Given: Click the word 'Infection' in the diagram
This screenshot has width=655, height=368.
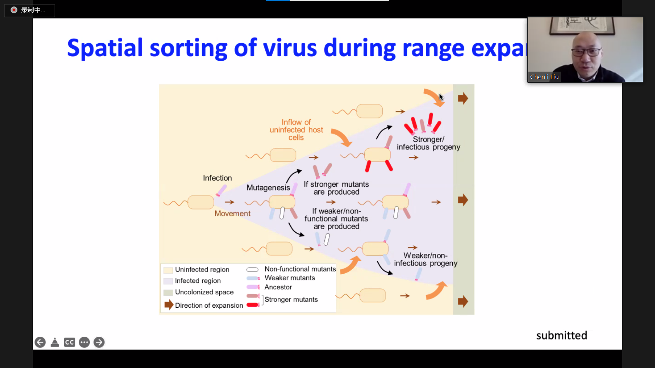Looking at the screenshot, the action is point(217,178).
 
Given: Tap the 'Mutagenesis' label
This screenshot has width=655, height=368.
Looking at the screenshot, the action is point(268,187).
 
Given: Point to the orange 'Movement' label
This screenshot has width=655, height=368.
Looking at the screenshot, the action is point(232,213).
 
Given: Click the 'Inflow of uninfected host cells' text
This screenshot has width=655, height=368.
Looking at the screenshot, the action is point(296,130).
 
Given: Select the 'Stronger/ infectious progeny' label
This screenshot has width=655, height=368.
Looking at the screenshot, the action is point(428,143).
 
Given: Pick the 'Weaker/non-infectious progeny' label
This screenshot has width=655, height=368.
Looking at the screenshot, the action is point(425,259).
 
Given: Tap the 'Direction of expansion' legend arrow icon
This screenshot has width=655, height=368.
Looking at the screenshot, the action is point(169,305).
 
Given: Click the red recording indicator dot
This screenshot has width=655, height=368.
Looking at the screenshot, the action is point(14,10).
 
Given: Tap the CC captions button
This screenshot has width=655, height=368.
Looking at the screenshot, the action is point(70,342).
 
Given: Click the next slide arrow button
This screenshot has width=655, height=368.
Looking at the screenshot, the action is point(99,342).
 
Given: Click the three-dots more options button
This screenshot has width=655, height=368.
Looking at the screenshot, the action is point(84,342).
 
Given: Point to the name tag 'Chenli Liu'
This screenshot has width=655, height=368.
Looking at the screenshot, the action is point(544,77).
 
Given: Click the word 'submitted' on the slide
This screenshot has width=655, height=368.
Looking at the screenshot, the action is point(562,335).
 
